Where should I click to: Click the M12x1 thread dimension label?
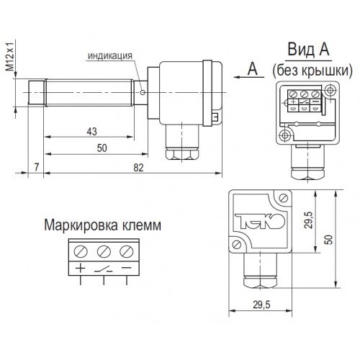[10, 56]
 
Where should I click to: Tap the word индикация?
[110, 55]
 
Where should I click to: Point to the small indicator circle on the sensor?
[143, 92]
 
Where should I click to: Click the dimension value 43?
[92, 131]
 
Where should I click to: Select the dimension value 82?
[138, 167]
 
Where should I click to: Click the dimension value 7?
[37, 167]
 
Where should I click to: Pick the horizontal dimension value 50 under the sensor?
[102, 148]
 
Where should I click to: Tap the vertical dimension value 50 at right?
[329, 240]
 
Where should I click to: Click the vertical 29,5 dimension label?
[309, 220]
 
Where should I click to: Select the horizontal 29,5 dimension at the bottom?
[261, 305]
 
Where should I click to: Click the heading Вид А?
[308, 49]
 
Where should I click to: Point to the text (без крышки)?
[312, 71]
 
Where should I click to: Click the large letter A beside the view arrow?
[253, 68]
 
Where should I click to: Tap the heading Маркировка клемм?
[103, 225]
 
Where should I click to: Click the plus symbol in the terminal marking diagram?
[81, 268]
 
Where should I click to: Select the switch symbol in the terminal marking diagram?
[104, 269]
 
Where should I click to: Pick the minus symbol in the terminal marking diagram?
[127, 267]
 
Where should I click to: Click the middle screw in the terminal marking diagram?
[104, 251]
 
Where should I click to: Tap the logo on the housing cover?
[260, 221]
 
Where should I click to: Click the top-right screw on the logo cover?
[284, 198]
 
